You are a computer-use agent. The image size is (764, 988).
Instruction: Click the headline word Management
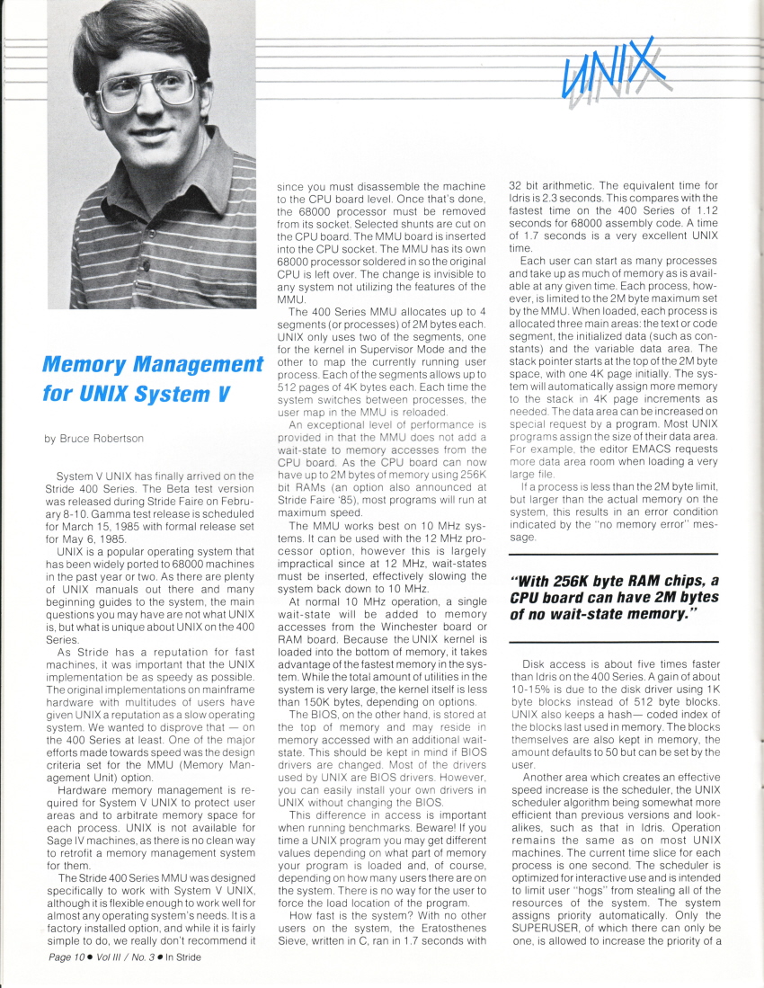(189, 365)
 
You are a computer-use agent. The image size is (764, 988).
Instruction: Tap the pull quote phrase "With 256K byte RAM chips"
(610, 580)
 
